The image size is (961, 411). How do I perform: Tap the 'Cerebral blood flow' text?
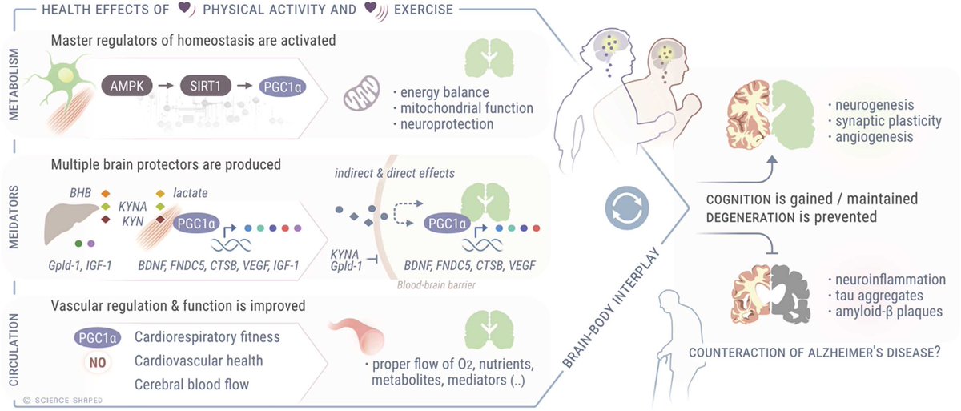[192, 385]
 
